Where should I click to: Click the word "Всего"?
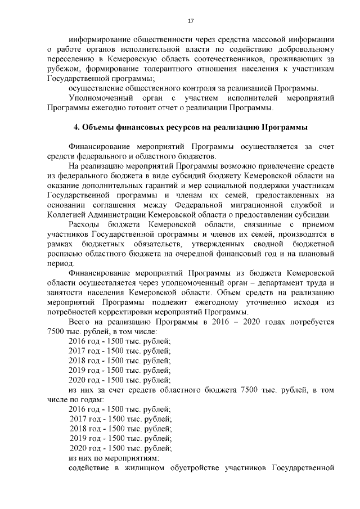(80, 321)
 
